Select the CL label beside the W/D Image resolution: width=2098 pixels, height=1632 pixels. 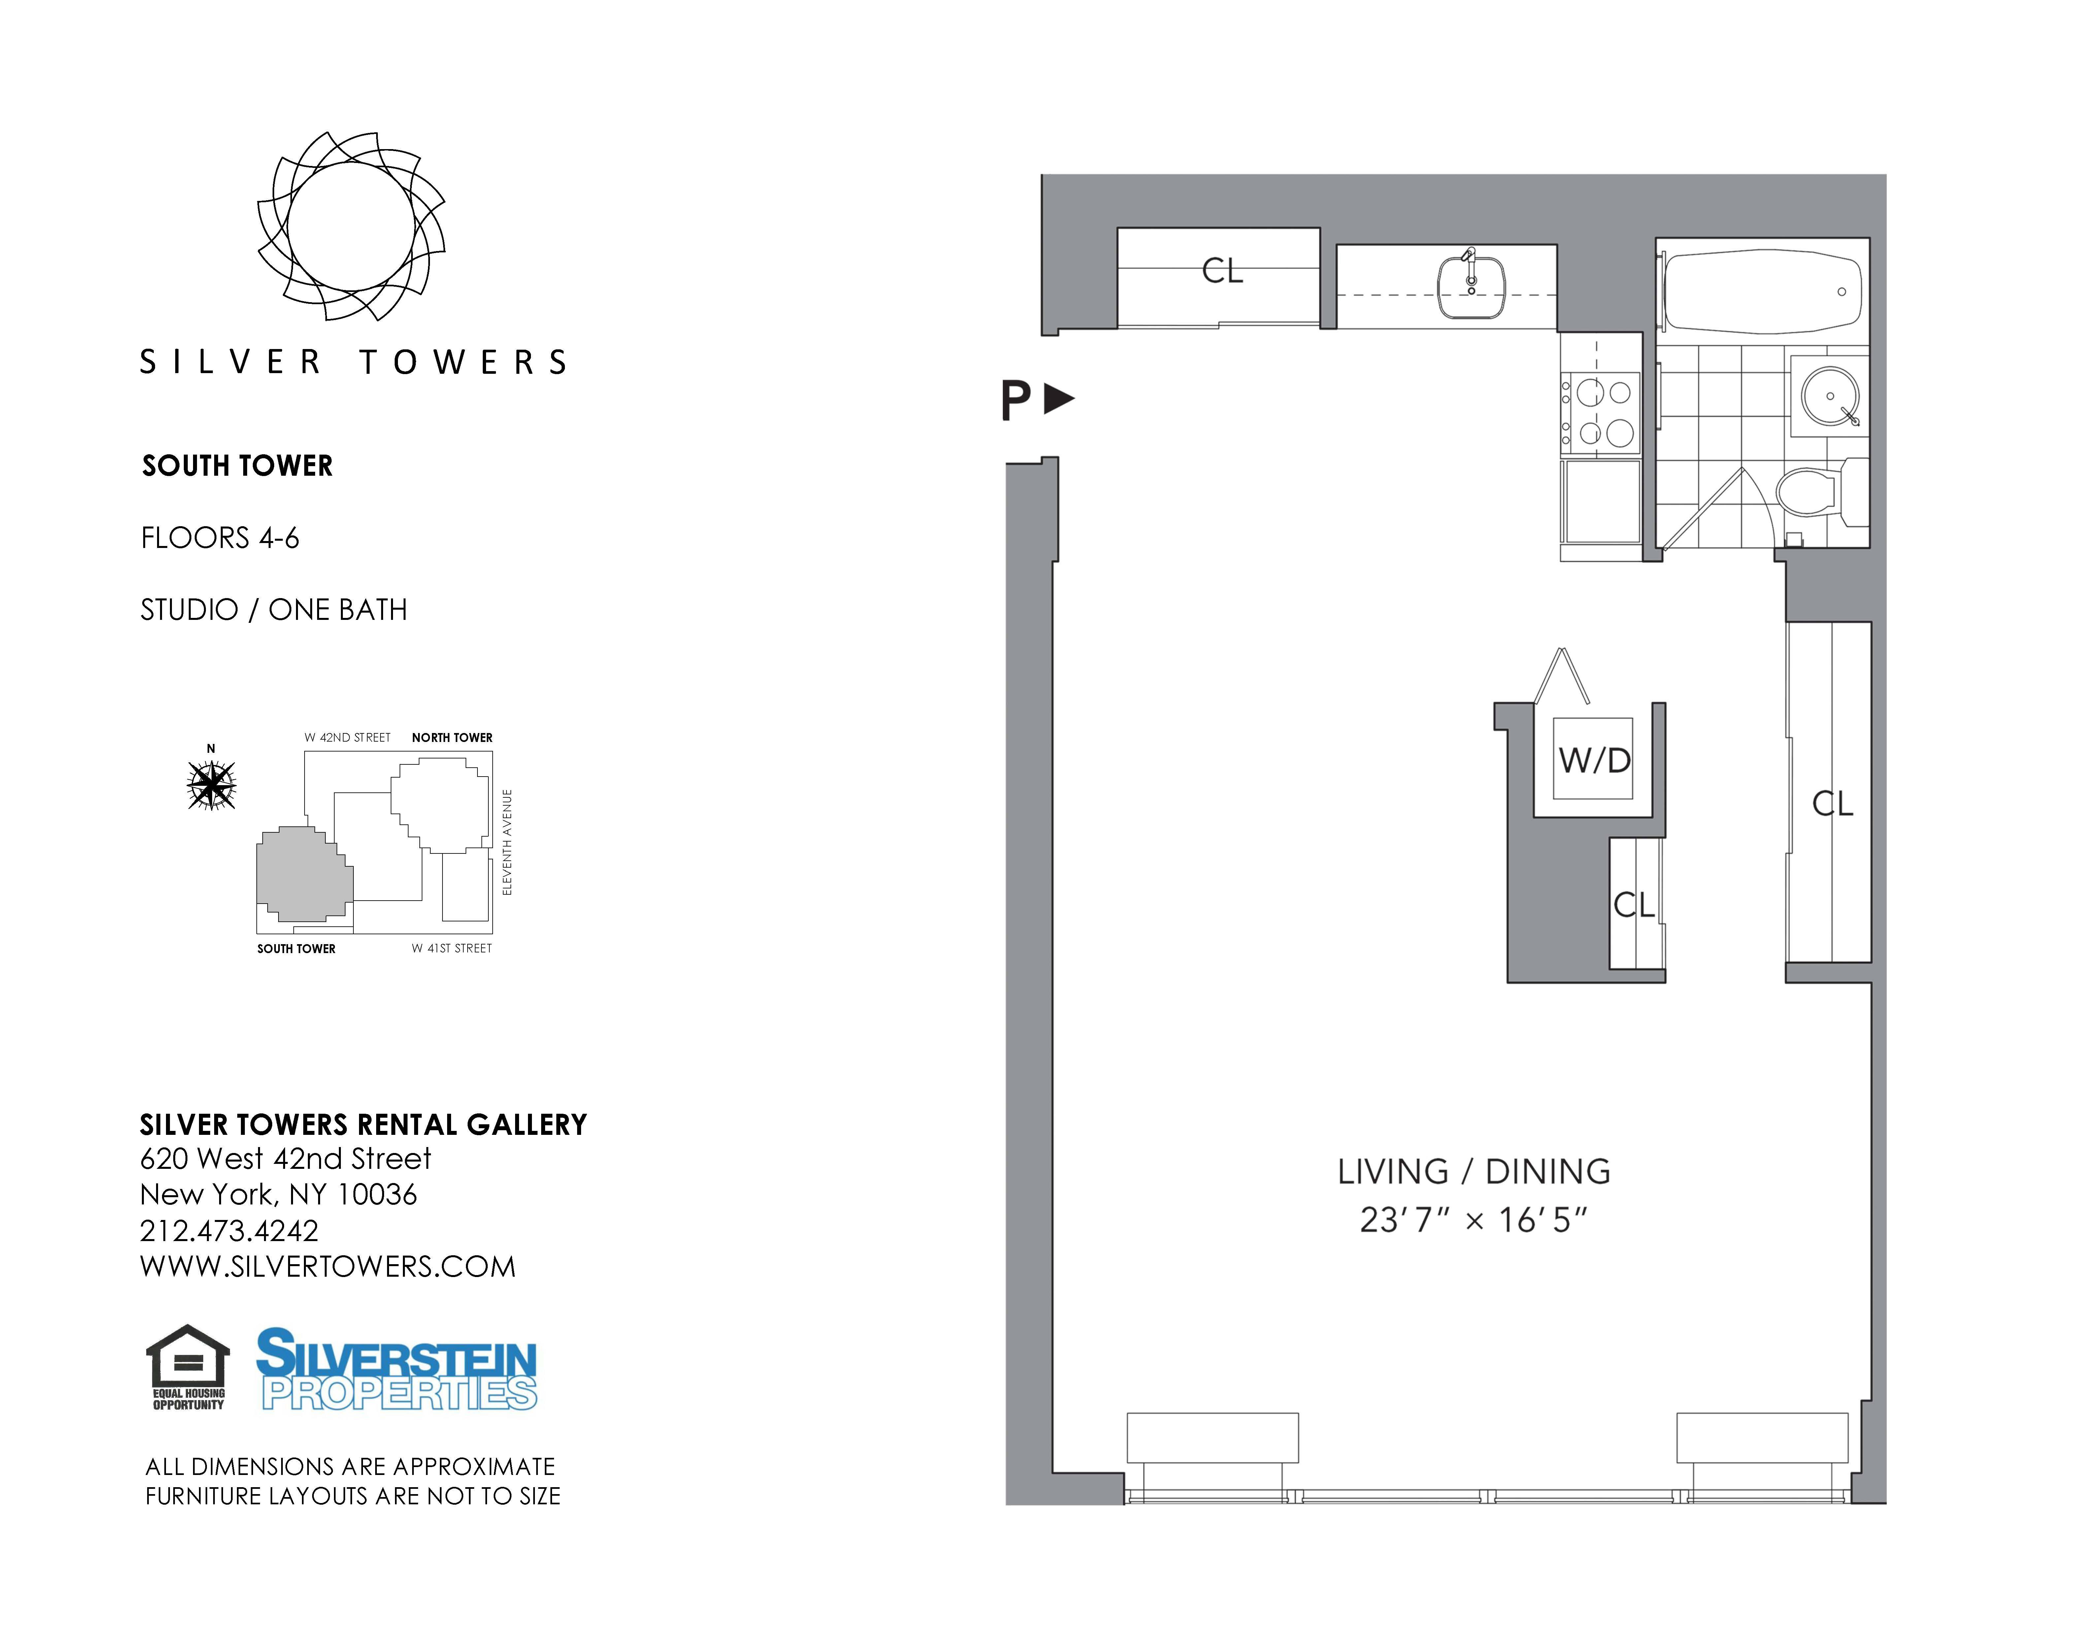click(x=1634, y=905)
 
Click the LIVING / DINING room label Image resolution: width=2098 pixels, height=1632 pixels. click(x=1475, y=1172)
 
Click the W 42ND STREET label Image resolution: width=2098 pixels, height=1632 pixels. click(x=348, y=738)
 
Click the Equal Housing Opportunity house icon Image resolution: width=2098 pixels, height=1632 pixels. click(x=188, y=1368)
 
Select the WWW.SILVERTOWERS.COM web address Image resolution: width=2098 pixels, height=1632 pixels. click(x=328, y=1267)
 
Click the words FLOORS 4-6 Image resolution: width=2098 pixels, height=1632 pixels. click(x=220, y=538)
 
